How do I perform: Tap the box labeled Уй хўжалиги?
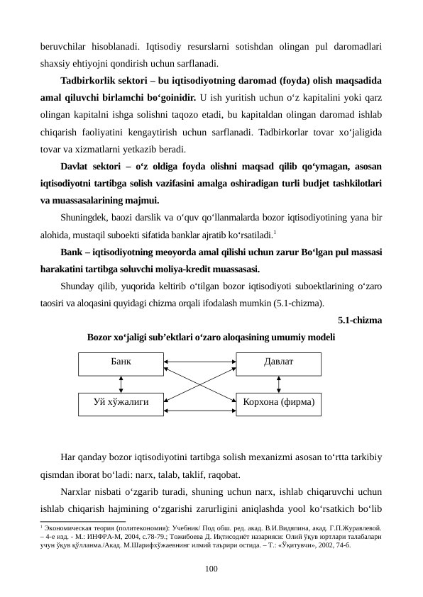click(121, 402)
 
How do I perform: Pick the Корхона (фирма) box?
click(278, 402)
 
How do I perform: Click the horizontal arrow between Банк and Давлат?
click(199, 362)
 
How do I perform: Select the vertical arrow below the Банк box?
click(121, 382)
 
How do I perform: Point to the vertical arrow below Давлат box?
click(278, 382)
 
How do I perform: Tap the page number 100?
click(211, 568)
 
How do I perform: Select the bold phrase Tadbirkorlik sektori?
click(104, 79)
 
